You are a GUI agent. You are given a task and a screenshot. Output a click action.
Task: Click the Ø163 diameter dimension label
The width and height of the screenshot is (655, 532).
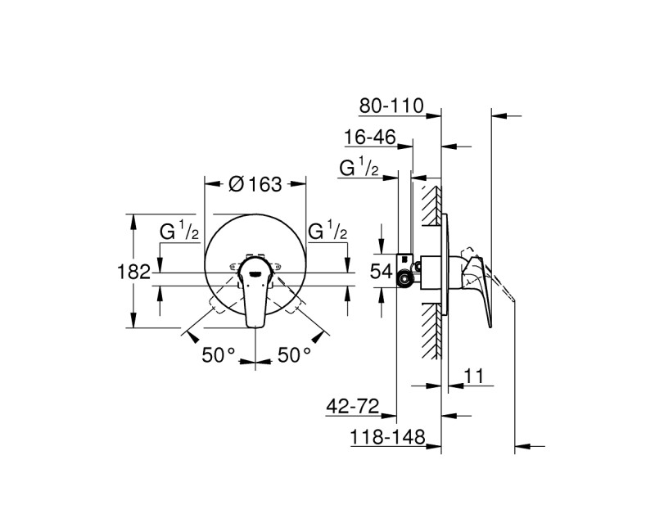(255, 184)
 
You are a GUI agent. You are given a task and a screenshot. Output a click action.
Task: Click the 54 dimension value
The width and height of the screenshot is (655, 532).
(382, 272)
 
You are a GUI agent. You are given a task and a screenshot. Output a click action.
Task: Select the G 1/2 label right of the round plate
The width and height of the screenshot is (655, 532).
(328, 232)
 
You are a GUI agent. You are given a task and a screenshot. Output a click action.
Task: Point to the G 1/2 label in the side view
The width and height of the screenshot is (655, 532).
(359, 169)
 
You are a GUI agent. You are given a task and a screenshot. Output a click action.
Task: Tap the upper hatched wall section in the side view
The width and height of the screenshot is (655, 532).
(429, 205)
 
